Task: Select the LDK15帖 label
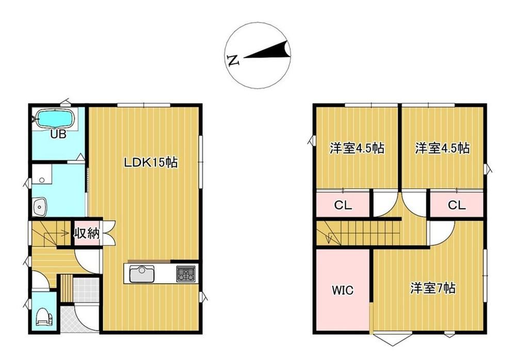point(151,162)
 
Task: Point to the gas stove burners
point(186,274)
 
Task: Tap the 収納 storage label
point(86,233)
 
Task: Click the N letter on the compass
point(233,60)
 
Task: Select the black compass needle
point(267,52)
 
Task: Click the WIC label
point(343,290)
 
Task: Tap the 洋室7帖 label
point(433,288)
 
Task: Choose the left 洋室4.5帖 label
point(357,148)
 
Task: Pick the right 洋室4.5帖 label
point(442,148)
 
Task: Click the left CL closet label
point(343,206)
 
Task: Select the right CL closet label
point(457,206)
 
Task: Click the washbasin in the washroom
point(40,207)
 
